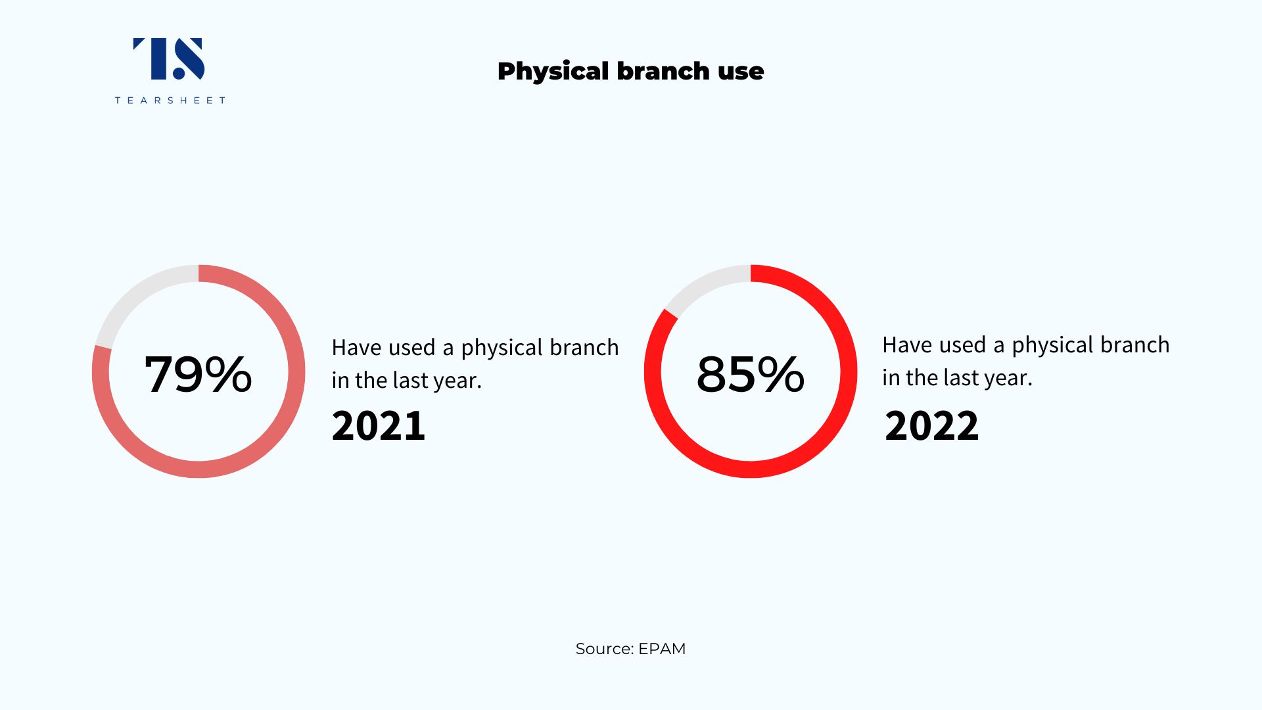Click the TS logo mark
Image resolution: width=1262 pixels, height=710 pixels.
(x=169, y=59)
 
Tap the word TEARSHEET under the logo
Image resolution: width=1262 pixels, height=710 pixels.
(x=170, y=101)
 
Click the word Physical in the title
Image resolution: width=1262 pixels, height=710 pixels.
(x=553, y=72)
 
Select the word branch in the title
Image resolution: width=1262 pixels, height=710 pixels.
(x=663, y=71)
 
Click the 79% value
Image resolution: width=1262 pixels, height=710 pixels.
(x=199, y=374)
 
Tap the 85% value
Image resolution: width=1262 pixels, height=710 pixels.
(x=751, y=374)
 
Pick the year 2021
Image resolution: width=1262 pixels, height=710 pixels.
(x=379, y=425)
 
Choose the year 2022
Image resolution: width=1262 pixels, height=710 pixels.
(x=931, y=425)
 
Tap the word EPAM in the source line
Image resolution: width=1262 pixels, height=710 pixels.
(x=662, y=650)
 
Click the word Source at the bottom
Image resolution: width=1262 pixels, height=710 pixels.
(x=604, y=650)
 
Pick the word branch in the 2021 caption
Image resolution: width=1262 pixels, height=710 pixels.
(x=584, y=347)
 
